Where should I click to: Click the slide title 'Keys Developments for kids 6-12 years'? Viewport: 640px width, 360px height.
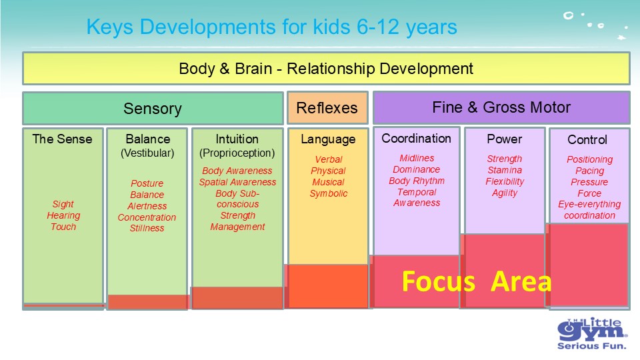[271, 27]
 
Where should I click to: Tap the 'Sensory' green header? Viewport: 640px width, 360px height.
[153, 108]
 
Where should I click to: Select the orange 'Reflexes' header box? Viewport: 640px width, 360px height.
[327, 108]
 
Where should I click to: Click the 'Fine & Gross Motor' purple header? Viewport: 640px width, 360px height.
[501, 107]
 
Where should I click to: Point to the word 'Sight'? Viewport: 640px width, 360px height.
[63, 204]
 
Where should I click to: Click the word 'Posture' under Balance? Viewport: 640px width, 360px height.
[147, 183]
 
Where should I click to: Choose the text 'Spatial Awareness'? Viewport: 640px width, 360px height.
[237, 182]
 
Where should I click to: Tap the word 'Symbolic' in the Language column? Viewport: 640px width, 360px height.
[329, 193]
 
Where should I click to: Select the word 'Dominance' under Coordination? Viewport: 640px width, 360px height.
[416, 169]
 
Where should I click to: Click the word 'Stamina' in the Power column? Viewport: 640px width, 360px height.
[505, 170]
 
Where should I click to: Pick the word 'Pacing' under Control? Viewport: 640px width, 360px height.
[589, 171]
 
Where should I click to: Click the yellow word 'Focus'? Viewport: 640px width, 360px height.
[439, 281]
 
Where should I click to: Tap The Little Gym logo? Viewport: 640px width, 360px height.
[592, 333]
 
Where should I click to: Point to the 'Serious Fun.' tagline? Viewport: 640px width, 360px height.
[592, 346]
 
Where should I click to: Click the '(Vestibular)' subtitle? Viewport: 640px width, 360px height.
[147, 153]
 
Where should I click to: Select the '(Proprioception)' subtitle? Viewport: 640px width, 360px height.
[237, 153]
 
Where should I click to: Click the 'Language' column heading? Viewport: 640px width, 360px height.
[328, 139]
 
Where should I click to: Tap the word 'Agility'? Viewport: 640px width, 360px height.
[505, 193]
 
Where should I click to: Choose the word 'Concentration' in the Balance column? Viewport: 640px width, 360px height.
[147, 217]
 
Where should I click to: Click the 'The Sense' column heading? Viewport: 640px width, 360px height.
[62, 139]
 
